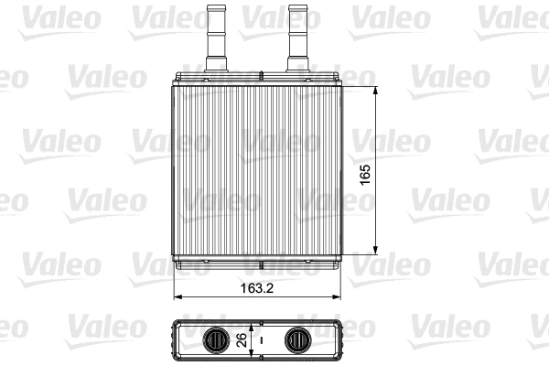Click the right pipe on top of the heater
[x=298, y=37]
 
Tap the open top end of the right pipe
[x=298, y=7]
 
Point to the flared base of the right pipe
[x=298, y=64]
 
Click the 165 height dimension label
[x=365, y=174]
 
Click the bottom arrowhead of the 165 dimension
[x=378, y=250]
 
